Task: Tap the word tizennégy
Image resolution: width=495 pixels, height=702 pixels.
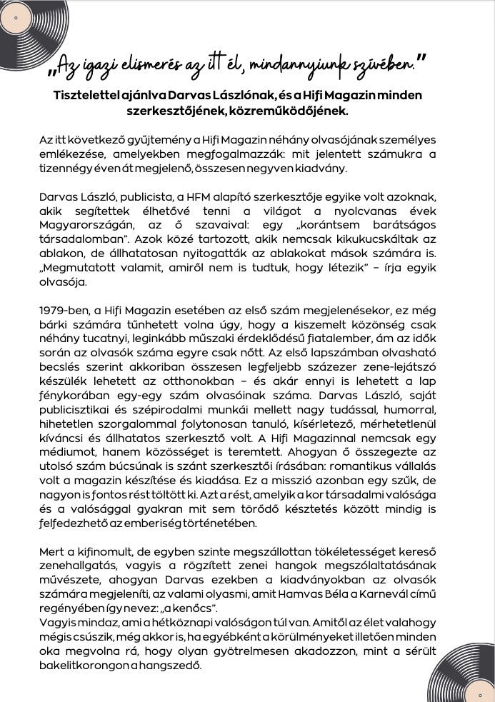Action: click(68, 169)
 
